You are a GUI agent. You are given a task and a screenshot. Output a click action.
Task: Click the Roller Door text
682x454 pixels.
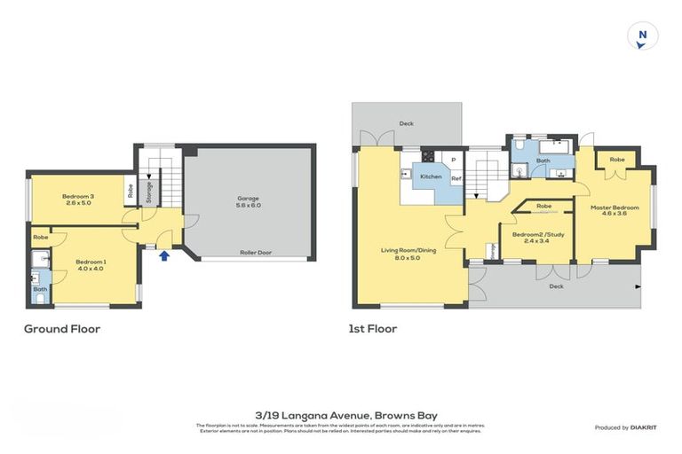255,252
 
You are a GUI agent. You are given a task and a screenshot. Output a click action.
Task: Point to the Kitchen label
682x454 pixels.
431,176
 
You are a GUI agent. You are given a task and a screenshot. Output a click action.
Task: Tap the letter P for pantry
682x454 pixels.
453,160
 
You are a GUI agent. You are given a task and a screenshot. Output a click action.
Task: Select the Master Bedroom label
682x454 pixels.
615,207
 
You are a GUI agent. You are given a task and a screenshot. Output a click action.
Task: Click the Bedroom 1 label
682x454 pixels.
91,262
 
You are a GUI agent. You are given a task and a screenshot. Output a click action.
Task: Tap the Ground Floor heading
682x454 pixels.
61,329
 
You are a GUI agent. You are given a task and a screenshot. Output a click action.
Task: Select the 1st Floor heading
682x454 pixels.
373,329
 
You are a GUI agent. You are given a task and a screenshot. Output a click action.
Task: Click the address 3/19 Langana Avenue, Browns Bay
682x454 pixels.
340,414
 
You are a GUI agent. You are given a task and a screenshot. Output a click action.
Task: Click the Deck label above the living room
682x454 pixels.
406,123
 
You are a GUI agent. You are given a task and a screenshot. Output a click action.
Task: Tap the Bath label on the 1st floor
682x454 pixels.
543,160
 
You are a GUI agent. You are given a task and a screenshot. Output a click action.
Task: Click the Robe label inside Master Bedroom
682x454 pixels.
616,159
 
